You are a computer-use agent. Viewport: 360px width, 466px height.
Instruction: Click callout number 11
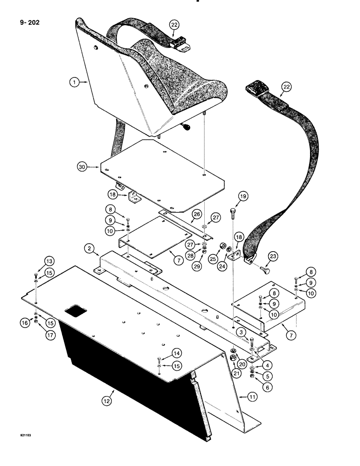tap(240, 396)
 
